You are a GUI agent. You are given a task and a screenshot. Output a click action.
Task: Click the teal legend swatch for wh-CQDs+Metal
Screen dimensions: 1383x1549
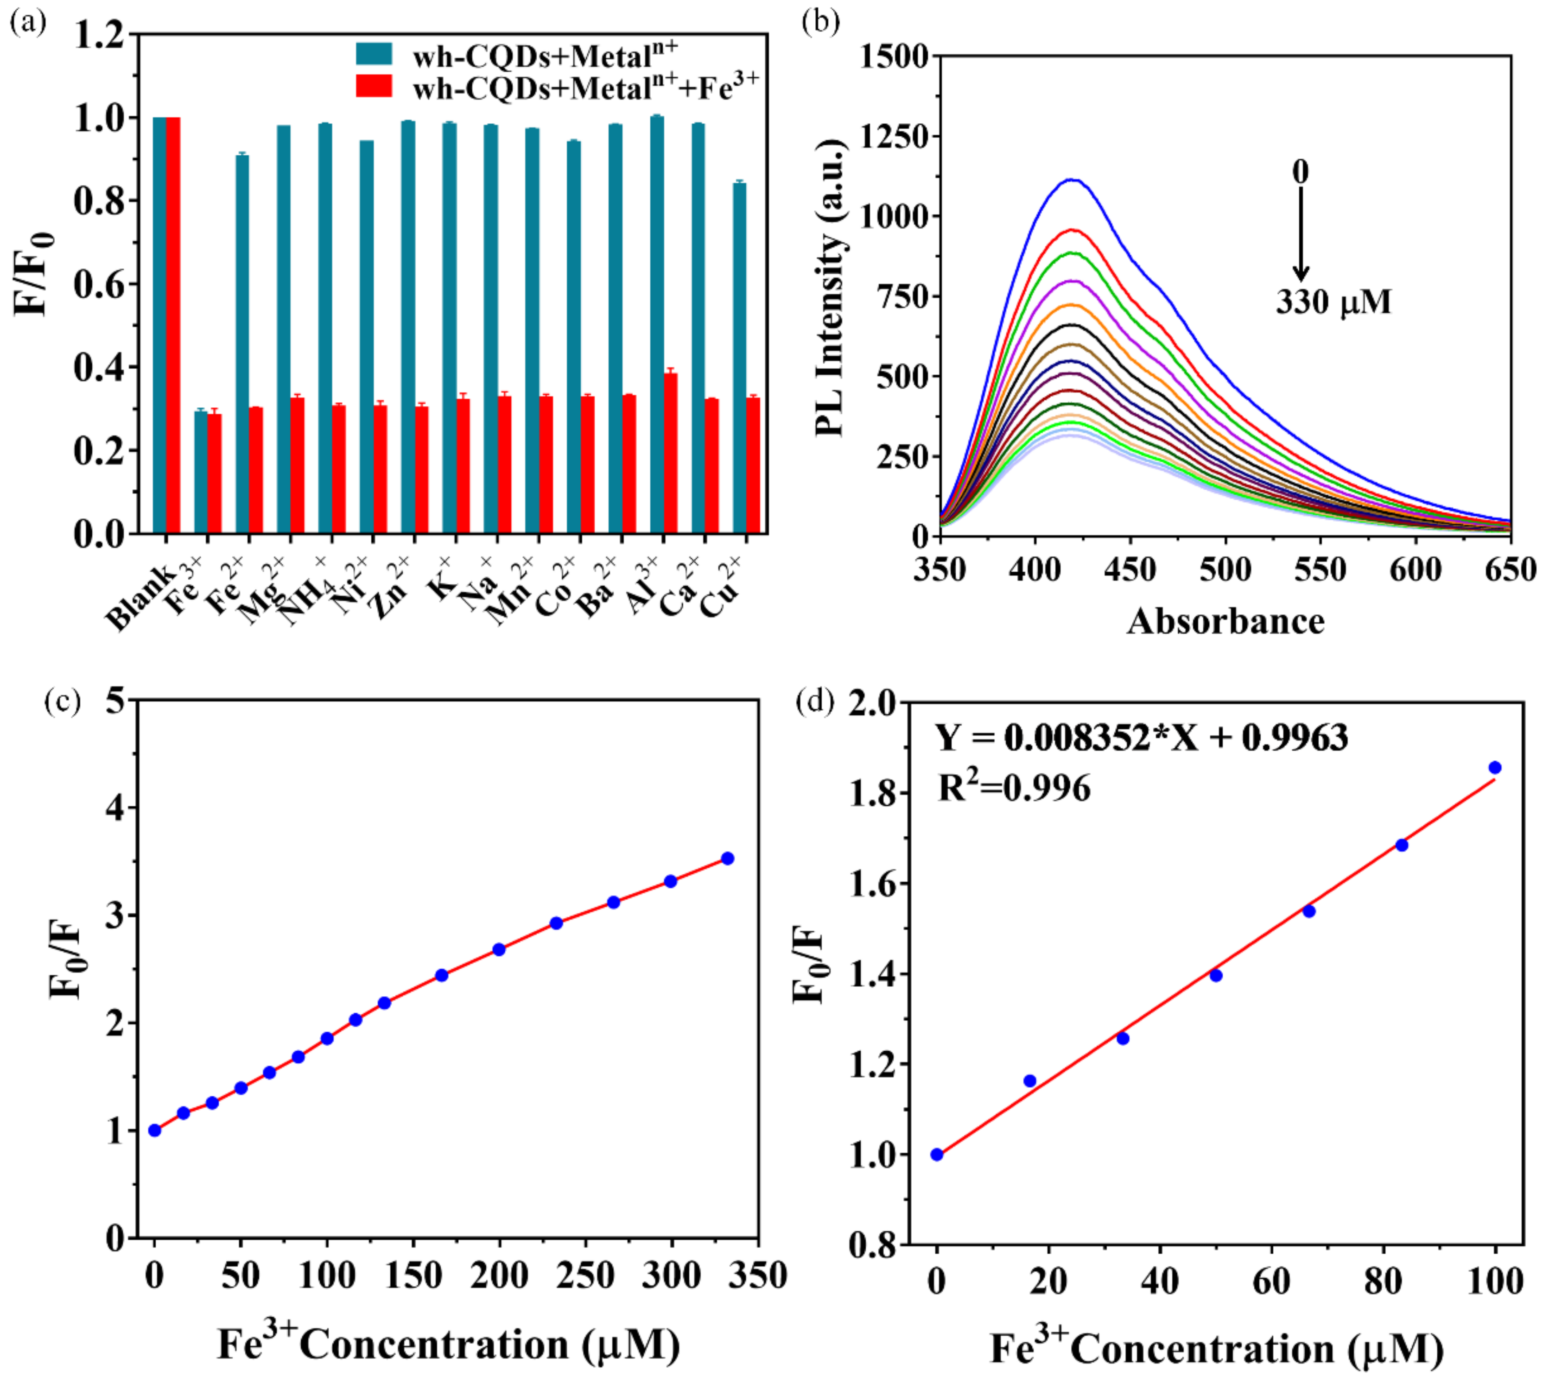tap(374, 54)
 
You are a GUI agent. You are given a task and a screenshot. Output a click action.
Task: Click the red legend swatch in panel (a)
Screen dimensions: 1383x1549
tap(374, 86)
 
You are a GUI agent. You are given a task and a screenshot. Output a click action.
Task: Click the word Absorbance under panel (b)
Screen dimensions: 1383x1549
tap(1225, 622)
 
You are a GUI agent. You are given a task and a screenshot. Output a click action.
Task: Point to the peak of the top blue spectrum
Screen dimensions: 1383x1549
tap(1073, 180)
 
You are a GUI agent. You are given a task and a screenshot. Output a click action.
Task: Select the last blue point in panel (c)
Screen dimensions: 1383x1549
tap(727, 858)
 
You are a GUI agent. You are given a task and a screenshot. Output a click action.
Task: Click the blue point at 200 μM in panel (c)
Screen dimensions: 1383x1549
tap(499, 949)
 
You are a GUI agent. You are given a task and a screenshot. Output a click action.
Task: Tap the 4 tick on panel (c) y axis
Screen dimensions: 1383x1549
tap(115, 807)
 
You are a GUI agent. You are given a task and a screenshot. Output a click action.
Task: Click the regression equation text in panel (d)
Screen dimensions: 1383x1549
tap(1141, 737)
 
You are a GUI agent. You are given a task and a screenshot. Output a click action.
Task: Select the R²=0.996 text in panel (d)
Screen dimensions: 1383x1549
tap(1014, 788)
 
